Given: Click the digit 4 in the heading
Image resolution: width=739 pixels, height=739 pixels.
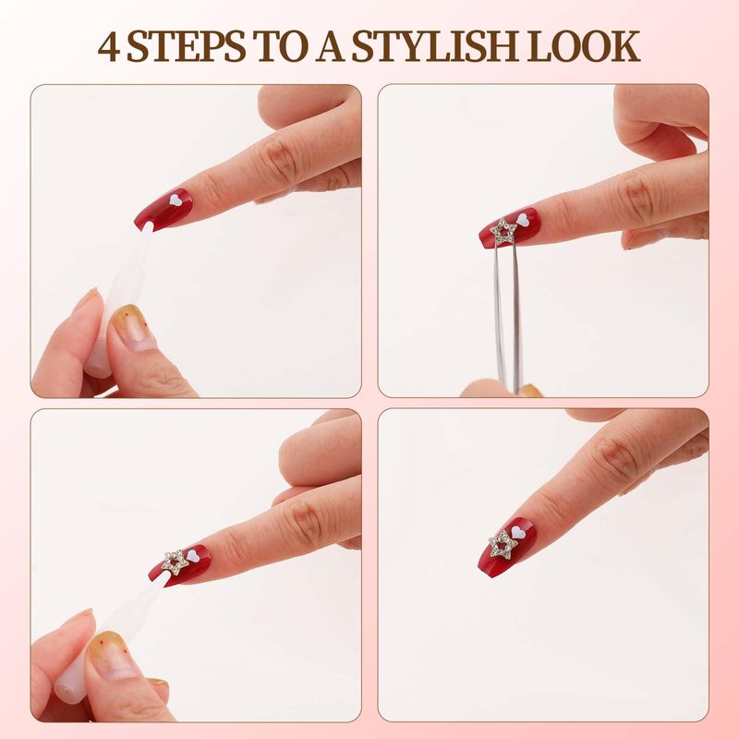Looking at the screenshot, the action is click(x=108, y=47).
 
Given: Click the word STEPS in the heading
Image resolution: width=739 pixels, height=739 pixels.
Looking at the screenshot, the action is click(x=187, y=46).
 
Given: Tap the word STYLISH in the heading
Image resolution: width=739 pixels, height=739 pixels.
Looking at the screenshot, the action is click(x=434, y=46).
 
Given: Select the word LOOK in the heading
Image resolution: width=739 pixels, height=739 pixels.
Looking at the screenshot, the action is click(x=583, y=46).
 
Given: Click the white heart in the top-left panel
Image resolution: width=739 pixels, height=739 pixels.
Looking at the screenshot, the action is click(x=176, y=200).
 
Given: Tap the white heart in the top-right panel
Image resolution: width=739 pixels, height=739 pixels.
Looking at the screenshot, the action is click(x=522, y=219).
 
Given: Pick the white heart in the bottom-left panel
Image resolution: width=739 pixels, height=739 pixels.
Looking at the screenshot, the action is click(x=193, y=555).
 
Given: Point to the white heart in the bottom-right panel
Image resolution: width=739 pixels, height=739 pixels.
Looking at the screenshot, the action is click(x=518, y=532).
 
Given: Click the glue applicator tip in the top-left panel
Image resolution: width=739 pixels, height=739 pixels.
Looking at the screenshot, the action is click(x=148, y=228).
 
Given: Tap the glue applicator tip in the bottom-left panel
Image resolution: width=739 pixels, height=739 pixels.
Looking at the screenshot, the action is click(x=164, y=575).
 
